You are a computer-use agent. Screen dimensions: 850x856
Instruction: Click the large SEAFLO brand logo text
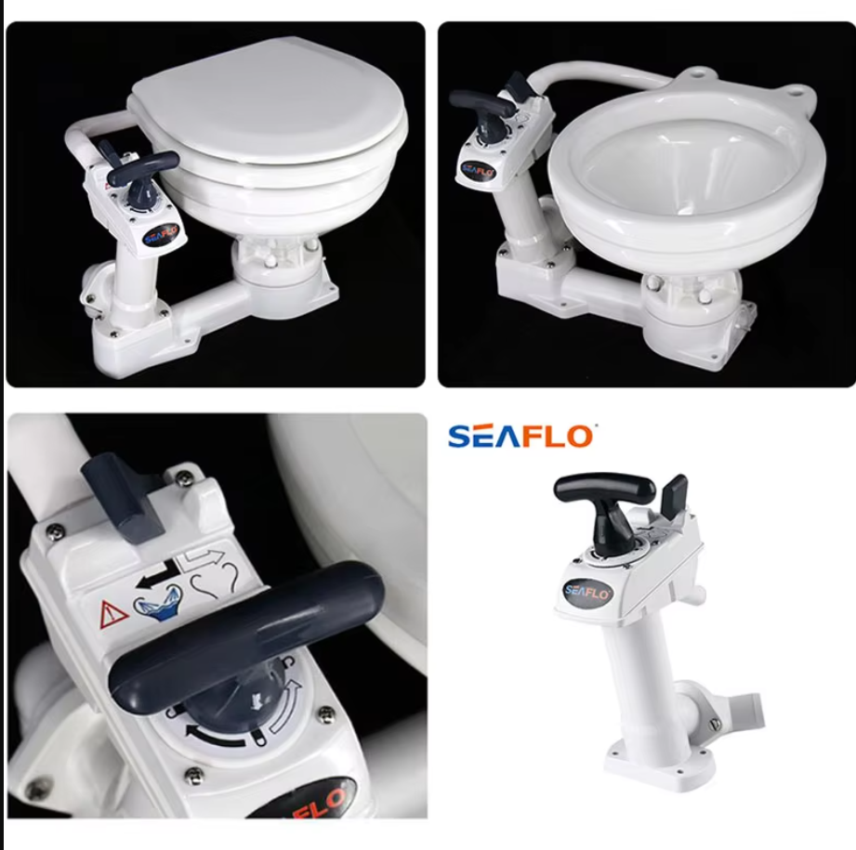click(520, 436)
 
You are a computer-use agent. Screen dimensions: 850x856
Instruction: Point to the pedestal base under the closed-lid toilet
click(279, 274)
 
